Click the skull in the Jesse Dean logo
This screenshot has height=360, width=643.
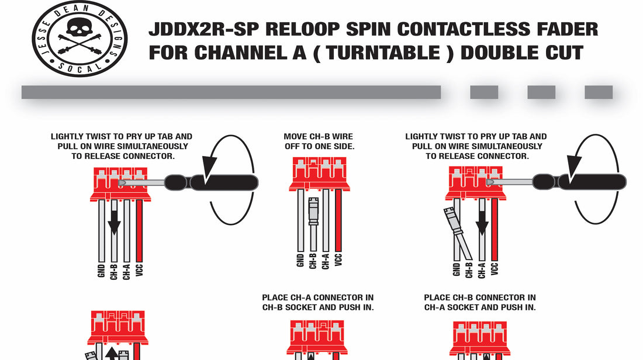click(80, 28)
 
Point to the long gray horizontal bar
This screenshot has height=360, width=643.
click(231, 92)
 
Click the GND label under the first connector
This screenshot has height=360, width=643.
click(101, 269)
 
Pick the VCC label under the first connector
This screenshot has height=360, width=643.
click(139, 269)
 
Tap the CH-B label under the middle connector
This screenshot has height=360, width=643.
click(313, 261)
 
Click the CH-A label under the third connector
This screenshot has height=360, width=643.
click(482, 269)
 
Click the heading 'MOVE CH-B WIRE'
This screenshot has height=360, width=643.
click(319, 137)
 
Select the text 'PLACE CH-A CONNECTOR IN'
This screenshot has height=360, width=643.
click(318, 297)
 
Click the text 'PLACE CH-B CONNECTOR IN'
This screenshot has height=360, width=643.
click(480, 297)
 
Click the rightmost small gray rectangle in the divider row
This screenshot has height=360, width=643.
click(599, 92)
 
